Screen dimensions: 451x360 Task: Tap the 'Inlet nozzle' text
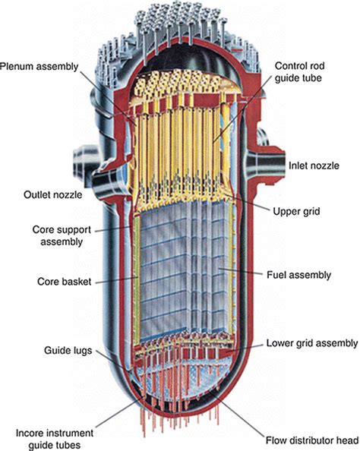coord(314,165)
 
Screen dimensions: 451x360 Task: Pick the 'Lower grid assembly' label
coord(311,342)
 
